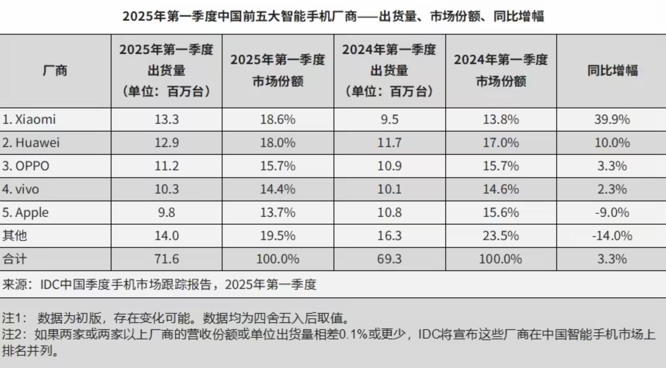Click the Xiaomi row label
[29, 119]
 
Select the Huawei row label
[31, 143]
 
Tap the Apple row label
[26, 212]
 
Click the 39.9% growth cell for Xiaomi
[612, 119]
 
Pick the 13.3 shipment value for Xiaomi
[166, 119]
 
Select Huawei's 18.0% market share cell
[278, 143]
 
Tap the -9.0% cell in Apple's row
[612, 212]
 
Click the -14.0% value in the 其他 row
[612, 236]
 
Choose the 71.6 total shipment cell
[166, 259]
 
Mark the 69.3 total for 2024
[390, 259]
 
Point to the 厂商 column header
[55, 71]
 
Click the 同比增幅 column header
[612, 71]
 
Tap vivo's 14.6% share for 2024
[501, 190]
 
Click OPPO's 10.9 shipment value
[390, 166]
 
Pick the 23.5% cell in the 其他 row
[501, 236]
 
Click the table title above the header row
[333, 16]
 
